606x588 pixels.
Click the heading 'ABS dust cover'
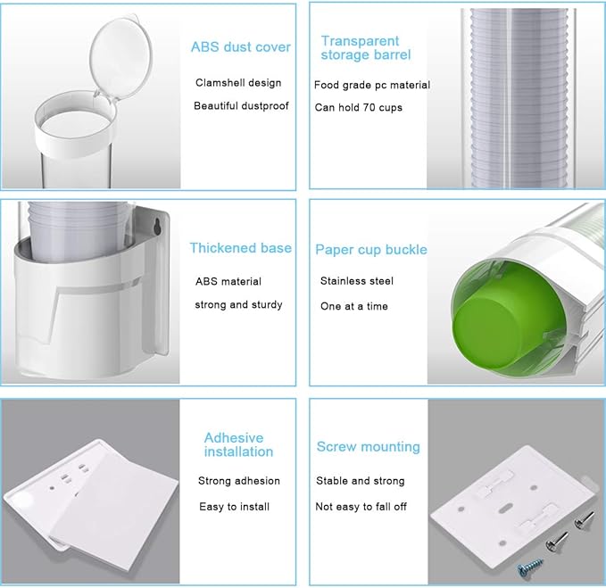[240, 46]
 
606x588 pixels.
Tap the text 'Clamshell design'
[238, 83]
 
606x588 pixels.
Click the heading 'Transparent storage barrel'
[366, 48]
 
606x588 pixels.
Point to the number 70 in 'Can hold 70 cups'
[369, 107]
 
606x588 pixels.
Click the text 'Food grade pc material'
[372, 85]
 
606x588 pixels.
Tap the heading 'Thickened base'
[240, 248]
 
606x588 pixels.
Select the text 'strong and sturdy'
[238, 305]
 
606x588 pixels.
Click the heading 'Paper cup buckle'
[371, 250]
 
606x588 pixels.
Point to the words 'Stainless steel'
[357, 281]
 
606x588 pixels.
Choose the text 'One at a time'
[354, 306]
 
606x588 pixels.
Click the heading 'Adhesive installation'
[238, 444]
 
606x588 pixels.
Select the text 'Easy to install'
[234, 507]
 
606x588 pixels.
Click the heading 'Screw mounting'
[368, 447]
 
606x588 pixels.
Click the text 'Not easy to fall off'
[361, 507]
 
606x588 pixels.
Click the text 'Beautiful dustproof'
[241, 106]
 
